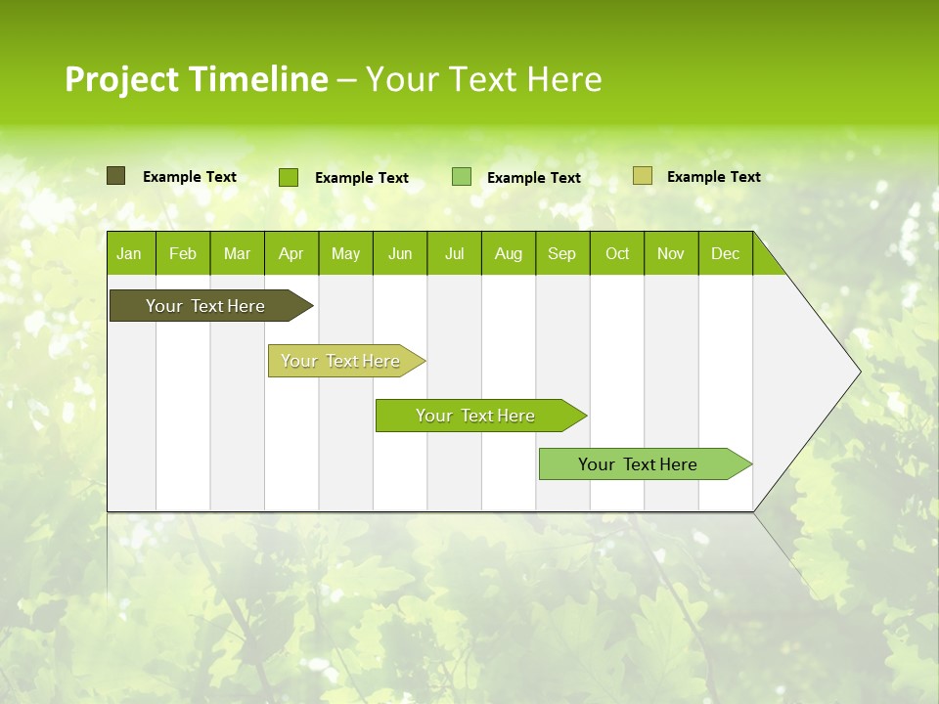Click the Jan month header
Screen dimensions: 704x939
(129, 253)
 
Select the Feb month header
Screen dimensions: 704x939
(183, 253)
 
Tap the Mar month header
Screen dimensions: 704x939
(237, 253)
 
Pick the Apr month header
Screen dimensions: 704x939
(291, 253)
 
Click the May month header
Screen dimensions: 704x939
(345, 253)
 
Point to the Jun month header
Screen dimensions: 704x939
(400, 253)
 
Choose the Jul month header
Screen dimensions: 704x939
(454, 253)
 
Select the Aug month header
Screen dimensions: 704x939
(509, 253)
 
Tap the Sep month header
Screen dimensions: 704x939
(562, 253)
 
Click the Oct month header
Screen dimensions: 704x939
(617, 253)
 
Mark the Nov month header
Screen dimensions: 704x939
(671, 253)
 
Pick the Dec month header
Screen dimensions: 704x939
(726, 253)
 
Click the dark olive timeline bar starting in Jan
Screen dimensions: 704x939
(206, 306)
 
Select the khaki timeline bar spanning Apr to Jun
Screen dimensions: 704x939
(341, 361)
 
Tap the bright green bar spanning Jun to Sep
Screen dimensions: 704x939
(476, 416)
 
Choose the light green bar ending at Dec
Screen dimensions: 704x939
(639, 464)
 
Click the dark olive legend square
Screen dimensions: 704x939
(115, 176)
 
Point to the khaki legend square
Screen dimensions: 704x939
(642, 176)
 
